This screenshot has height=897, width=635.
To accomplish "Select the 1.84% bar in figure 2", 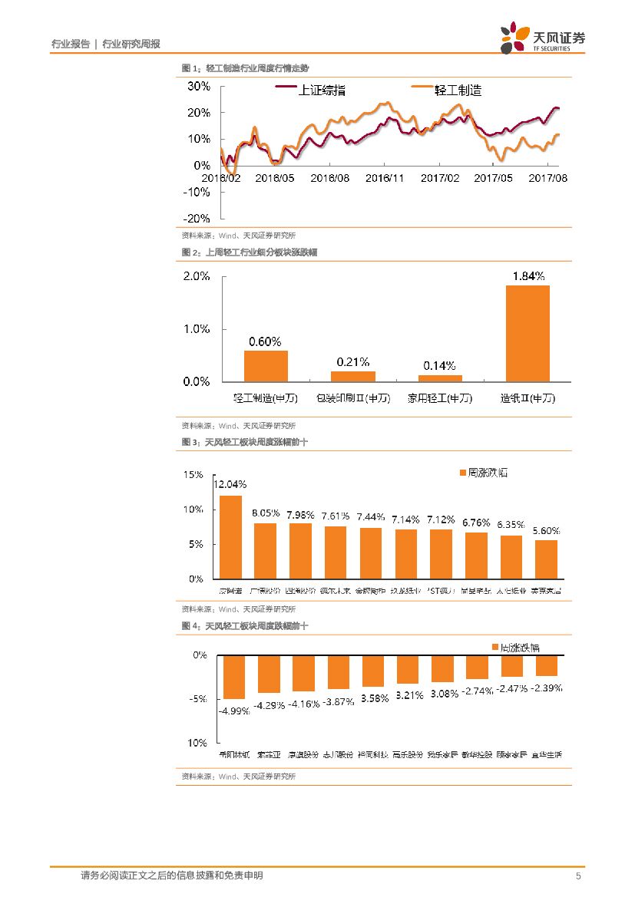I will [x=528, y=333].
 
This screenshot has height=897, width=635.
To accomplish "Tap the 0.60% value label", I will [x=265, y=341].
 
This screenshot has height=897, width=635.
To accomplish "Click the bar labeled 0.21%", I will [x=353, y=376].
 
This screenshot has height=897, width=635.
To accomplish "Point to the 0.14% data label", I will [x=440, y=365].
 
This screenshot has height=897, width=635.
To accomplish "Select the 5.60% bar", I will [x=546, y=559].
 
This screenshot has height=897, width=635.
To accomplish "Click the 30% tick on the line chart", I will [x=200, y=86].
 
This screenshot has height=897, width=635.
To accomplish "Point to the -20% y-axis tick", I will [x=198, y=218].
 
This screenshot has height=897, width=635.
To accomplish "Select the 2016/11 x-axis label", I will [x=385, y=178].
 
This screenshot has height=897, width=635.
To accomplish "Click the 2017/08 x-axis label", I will [x=548, y=178].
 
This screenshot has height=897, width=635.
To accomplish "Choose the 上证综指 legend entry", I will [x=311, y=91].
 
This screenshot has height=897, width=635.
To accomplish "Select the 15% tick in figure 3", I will [x=193, y=475].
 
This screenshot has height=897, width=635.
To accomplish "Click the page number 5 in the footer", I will [x=578, y=876].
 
